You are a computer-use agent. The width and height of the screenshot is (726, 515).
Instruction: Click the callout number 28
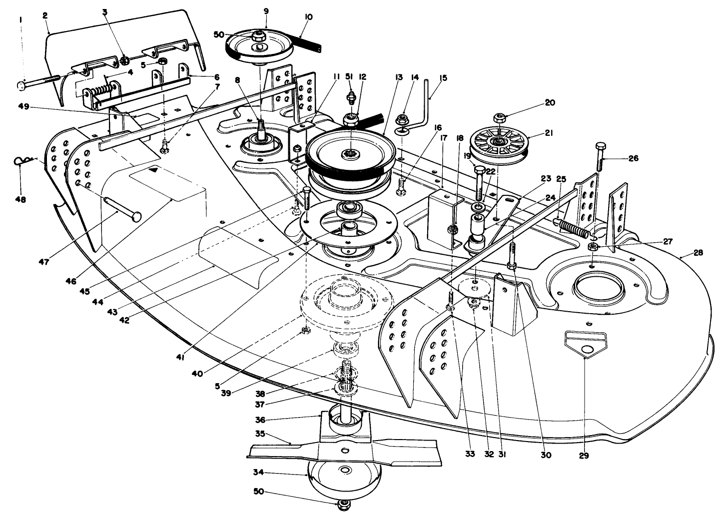pos(698,253)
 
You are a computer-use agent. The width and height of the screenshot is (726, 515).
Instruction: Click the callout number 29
pos(584,456)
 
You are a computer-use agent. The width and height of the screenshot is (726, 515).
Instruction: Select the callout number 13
pos(398,77)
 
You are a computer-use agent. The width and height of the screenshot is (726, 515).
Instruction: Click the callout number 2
pos(45,16)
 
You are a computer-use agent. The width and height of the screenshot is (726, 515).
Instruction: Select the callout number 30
pos(546,455)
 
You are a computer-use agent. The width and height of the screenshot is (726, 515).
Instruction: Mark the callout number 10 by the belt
pos(308,16)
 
